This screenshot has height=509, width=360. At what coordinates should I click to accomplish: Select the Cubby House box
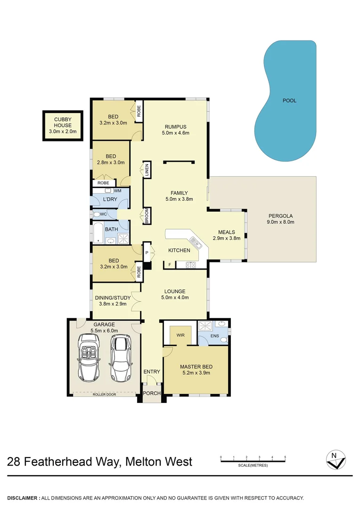(63, 125)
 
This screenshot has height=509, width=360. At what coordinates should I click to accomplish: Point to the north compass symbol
(335, 460)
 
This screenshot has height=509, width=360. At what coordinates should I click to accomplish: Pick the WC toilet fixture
(98, 214)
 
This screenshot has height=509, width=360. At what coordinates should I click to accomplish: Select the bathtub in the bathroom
(98, 233)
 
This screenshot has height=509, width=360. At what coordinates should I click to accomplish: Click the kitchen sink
(198, 243)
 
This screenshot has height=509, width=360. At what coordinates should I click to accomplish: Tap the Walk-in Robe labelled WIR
(180, 335)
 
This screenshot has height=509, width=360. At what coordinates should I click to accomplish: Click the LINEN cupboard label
(147, 169)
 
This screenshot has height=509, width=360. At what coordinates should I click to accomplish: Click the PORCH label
(152, 394)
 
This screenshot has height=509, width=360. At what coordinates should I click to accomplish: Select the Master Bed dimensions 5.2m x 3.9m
(196, 373)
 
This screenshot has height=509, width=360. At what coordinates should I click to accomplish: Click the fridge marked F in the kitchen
(169, 265)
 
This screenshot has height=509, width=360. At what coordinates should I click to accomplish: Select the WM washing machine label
(117, 190)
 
